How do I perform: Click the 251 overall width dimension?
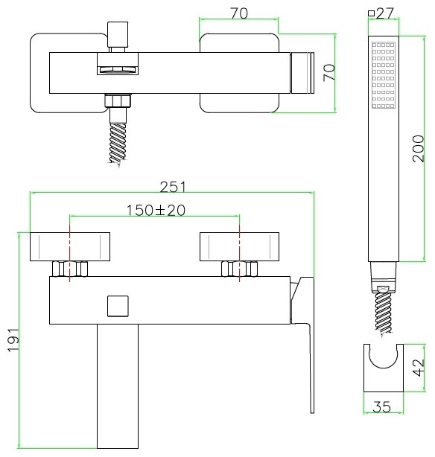173,187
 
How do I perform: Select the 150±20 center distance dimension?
156,210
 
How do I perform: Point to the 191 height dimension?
13,340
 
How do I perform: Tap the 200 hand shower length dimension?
418,148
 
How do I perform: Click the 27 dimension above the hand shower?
385,13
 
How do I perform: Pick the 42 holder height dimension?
419,368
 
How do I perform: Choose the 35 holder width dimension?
381,407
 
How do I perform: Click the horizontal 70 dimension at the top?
239,13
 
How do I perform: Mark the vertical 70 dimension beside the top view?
329,73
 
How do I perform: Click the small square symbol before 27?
371,13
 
